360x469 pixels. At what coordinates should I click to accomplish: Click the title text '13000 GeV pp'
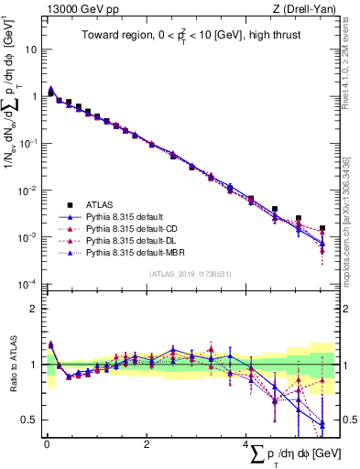[75, 9]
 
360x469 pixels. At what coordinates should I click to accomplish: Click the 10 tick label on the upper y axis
[32, 49]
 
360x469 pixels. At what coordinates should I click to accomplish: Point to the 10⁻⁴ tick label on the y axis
[29, 284]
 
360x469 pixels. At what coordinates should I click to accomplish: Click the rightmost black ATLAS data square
[322, 228]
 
